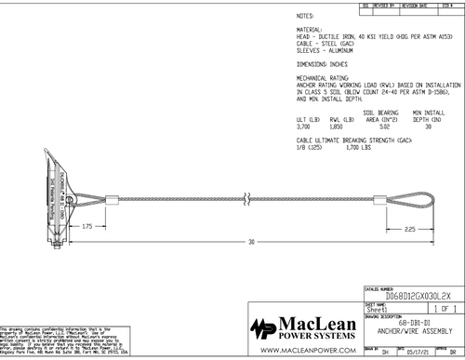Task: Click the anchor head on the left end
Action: [x=54, y=195]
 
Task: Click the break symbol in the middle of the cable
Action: [x=246, y=199]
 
